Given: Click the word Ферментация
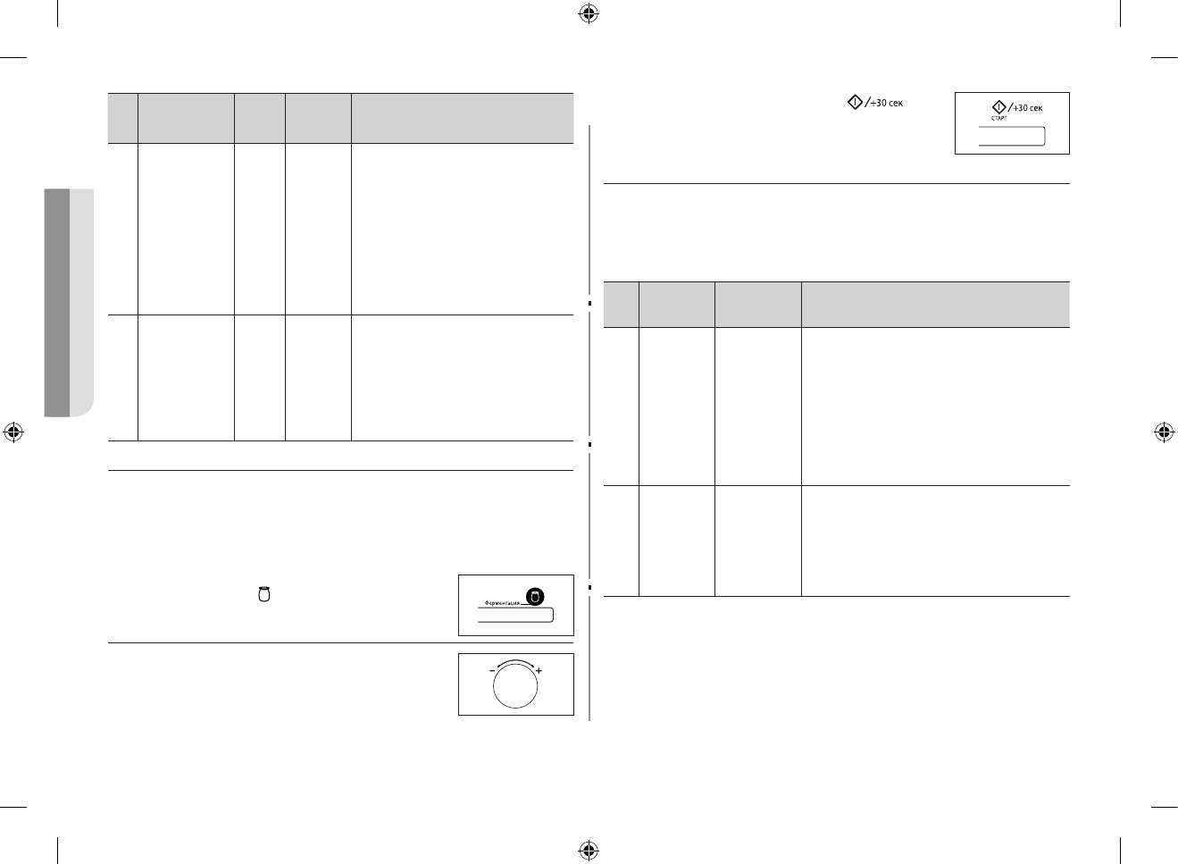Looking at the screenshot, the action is tap(501, 603).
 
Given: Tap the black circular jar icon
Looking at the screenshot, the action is tap(535, 597).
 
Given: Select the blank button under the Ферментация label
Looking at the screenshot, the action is tap(515, 616).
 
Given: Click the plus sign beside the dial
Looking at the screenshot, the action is tap(539, 670).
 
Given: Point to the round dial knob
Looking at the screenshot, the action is tap(515, 685).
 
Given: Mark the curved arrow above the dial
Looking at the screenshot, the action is tap(515, 662).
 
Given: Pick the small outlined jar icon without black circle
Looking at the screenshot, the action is tap(263, 594).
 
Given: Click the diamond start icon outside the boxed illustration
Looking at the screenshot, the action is tap(855, 103).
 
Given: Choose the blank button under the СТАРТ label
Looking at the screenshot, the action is tap(1011, 136).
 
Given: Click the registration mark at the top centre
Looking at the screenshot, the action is tap(588, 13).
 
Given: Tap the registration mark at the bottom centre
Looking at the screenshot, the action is tap(588, 849).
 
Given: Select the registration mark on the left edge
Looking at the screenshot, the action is tap(13, 432).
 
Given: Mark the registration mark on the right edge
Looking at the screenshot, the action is tap(1163, 432).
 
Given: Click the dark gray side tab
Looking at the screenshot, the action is tap(56, 302).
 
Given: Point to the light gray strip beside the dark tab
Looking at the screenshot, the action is tap(82, 302).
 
